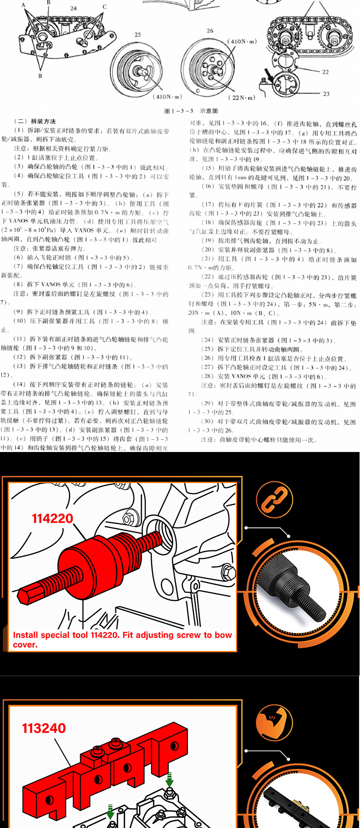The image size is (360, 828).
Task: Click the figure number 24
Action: tap(74, 8)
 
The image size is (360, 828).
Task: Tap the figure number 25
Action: tap(138, 35)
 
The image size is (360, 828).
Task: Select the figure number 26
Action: tap(210, 31)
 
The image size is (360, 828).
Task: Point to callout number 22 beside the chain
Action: tap(325, 72)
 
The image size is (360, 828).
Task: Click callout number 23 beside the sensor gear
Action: tap(326, 94)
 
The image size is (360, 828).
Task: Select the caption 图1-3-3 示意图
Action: tap(191, 111)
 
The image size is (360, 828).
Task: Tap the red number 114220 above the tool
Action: tap(52, 518)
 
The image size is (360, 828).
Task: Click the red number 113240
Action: tap(44, 728)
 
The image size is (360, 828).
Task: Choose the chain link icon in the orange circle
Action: tap(274, 500)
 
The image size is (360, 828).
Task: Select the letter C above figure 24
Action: tap(104, 7)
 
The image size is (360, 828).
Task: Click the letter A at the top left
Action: tap(24, 5)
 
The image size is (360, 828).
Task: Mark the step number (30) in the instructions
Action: tap(207, 422)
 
